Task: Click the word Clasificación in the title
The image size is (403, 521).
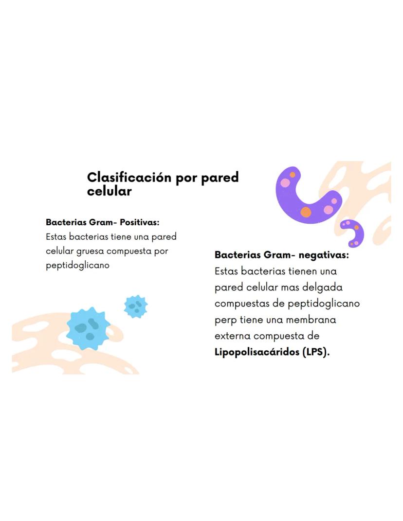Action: pyautogui.click(x=129, y=177)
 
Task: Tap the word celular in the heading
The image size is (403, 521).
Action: pyautogui.click(x=110, y=191)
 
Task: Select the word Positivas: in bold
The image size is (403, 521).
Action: pyautogui.click(x=140, y=222)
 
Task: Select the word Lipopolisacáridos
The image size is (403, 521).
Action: pyautogui.click(x=257, y=352)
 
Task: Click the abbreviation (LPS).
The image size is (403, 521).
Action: pyautogui.click(x=316, y=352)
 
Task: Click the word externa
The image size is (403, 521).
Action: pyautogui.click(x=233, y=336)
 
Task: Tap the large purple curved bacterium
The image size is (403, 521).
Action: pyautogui.click(x=307, y=196)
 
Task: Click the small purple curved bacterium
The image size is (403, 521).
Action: pyautogui.click(x=352, y=233)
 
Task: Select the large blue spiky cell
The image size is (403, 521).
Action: pyautogui.click(x=88, y=328)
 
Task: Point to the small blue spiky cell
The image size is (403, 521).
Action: pyautogui.click(x=136, y=306)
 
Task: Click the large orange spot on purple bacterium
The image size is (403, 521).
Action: pyautogui.click(x=306, y=212)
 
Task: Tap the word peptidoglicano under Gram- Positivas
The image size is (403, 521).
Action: pyautogui.click(x=77, y=266)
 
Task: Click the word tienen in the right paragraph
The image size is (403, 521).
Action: pyautogui.click(x=303, y=271)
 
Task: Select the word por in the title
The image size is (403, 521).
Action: pyautogui.click(x=186, y=179)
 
